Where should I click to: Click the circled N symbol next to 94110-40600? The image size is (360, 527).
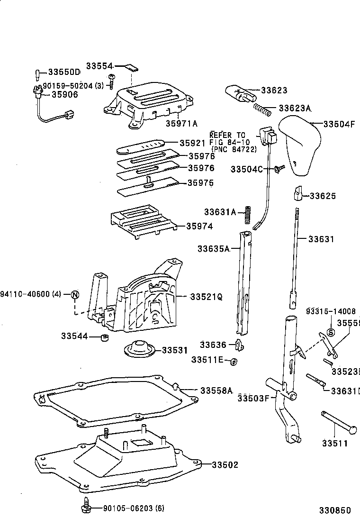[75, 295]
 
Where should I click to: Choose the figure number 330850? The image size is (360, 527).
[334, 510]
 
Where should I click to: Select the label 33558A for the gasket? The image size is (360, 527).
[216, 391]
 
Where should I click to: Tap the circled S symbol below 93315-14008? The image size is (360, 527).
[331, 332]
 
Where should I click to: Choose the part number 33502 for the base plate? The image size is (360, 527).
[225, 464]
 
